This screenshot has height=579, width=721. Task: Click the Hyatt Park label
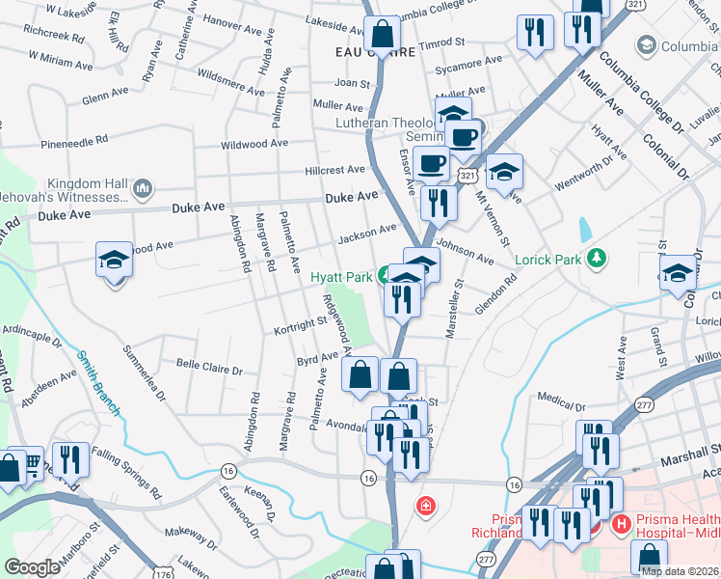tap(341, 277)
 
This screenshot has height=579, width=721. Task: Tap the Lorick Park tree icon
tap(598, 258)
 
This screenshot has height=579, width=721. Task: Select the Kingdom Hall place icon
tap(142, 186)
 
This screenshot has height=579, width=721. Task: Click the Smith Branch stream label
tap(99, 382)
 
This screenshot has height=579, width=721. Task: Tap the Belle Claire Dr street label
tap(209, 367)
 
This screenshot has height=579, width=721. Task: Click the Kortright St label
tap(301, 325)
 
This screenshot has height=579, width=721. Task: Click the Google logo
tap(32, 567)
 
